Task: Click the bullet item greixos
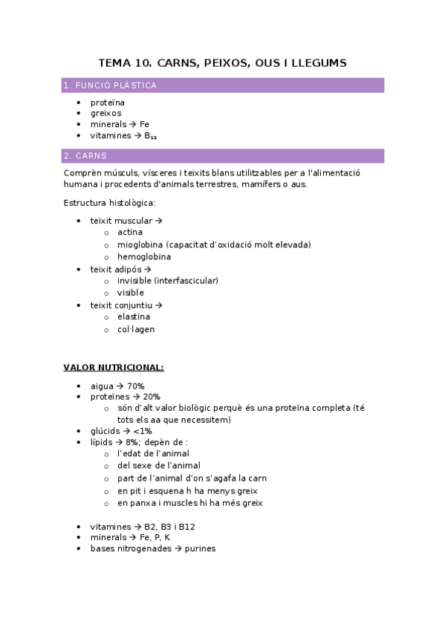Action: click(105, 113)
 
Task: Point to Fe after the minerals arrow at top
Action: click(145, 125)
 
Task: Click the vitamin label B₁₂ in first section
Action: click(150, 137)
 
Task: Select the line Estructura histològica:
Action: click(109, 202)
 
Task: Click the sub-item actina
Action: click(130, 233)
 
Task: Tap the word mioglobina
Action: click(140, 244)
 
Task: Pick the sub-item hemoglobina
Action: click(144, 256)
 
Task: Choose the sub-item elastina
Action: click(134, 316)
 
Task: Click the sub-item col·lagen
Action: click(136, 329)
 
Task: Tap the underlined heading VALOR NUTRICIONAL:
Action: click(114, 368)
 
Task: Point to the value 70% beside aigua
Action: click(135, 386)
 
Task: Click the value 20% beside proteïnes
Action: click(151, 397)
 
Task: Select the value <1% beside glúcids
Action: click(143, 431)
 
